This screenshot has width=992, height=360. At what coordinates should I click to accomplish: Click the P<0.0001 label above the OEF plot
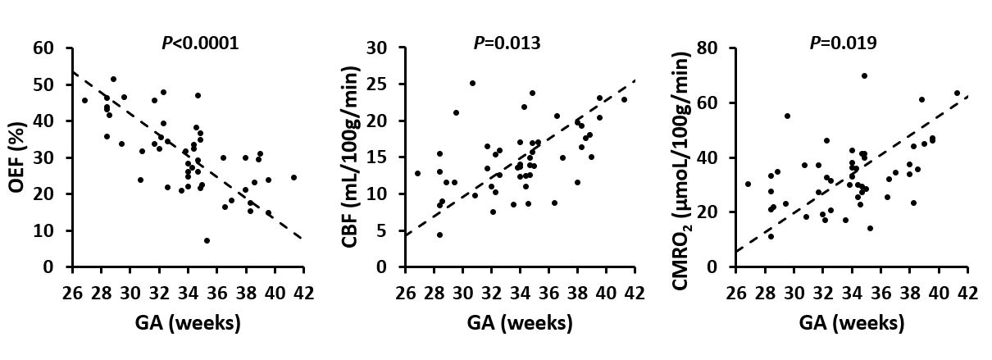(x=200, y=43)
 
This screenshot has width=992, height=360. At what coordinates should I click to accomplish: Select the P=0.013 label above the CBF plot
(x=507, y=43)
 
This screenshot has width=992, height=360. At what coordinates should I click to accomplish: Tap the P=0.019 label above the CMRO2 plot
(x=843, y=43)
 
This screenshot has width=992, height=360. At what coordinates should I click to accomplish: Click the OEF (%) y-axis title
(x=17, y=157)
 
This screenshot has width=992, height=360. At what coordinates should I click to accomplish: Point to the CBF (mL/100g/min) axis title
(x=349, y=157)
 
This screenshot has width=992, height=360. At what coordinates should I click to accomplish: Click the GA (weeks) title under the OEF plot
(x=188, y=324)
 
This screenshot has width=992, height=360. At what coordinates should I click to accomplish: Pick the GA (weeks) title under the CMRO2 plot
(x=852, y=324)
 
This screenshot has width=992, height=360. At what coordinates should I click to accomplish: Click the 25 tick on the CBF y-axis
(x=376, y=84)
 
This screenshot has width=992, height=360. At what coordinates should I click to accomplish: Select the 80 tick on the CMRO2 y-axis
(x=707, y=48)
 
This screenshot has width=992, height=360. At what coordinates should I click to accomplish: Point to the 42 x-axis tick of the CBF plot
(x=635, y=293)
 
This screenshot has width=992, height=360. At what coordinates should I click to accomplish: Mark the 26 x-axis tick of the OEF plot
(x=72, y=293)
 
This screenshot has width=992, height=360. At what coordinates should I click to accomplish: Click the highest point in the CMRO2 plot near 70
(x=864, y=75)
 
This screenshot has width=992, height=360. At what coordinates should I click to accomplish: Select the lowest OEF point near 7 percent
(x=207, y=240)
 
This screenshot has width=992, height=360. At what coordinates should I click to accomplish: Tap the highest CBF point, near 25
(x=472, y=84)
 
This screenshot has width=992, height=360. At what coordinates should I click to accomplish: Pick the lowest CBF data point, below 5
(x=439, y=235)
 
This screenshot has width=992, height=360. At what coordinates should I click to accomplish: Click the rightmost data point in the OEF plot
(x=294, y=177)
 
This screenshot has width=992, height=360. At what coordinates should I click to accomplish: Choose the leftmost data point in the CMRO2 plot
(x=748, y=184)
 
